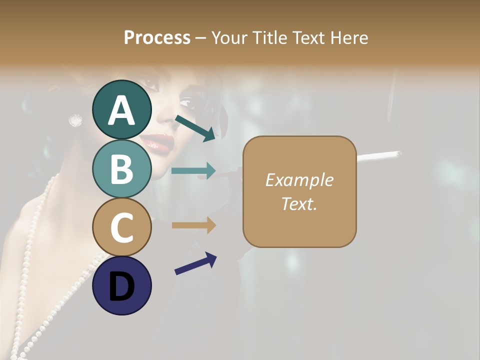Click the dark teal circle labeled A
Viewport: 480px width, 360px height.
[122, 109]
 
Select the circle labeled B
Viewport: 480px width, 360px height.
[122, 168]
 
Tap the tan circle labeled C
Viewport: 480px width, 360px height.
[122, 227]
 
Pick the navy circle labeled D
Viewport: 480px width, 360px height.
[122, 285]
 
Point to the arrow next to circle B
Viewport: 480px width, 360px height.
[193, 171]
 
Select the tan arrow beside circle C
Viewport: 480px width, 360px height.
[193, 225]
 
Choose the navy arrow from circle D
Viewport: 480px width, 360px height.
[195, 263]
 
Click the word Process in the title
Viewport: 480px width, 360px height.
[157, 37]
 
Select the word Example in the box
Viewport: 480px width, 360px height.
[299, 180]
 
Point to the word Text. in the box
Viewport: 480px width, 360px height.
[299, 203]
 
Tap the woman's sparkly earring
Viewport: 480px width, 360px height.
[75, 119]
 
